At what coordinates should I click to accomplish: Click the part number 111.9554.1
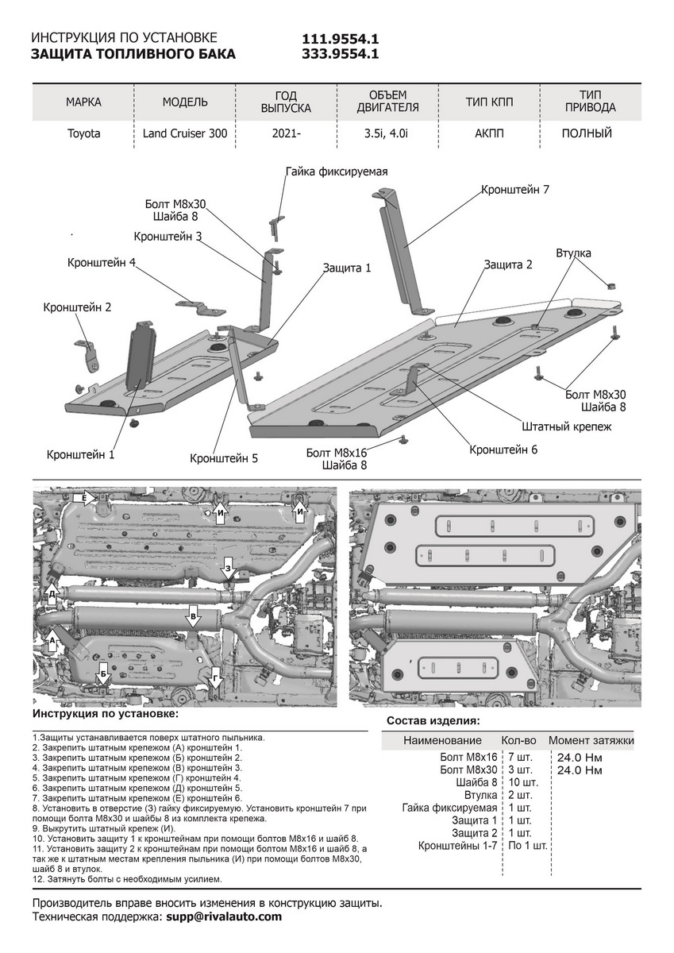click(x=340, y=39)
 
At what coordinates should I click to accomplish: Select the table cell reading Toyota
click(x=83, y=133)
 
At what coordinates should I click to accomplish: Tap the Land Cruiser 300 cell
click(x=185, y=133)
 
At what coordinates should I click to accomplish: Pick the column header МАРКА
click(x=83, y=102)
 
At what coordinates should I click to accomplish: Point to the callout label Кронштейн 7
click(x=514, y=190)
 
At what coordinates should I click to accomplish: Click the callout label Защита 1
click(x=347, y=268)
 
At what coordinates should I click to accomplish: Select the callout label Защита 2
click(x=508, y=264)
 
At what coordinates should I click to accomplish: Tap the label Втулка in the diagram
click(x=573, y=253)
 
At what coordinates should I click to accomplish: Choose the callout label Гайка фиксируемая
click(x=336, y=172)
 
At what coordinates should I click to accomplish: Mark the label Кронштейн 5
click(x=224, y=458)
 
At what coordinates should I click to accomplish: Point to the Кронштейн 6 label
click(x=503, y=449)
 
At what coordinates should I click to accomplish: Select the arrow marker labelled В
click(x=192, y=617)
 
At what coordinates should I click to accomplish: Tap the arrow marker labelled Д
click(x=52, y=593)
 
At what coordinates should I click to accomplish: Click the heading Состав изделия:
click(x=433, y=721)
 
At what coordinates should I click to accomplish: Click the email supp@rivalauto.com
click(x=223, y=916)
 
